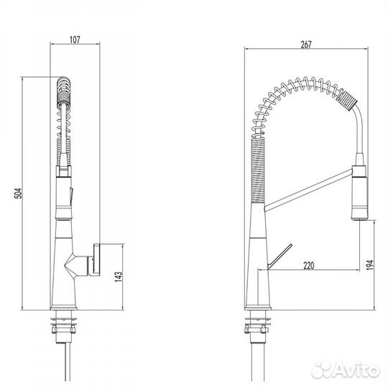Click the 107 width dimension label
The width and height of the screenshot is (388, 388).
pos(75,40)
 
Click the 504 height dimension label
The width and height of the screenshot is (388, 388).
pos(18,193)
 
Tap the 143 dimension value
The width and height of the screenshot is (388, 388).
pos(119,277)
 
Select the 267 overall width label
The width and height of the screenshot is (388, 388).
pos(306,45)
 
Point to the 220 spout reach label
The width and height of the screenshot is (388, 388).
pos(308,266)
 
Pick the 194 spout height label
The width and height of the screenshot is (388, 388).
pos(370,264)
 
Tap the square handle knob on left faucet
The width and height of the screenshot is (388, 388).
pos(96,259)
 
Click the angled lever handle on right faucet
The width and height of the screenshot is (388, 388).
pos(280,257)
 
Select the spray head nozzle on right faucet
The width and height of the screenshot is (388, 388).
pos(359,193)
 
